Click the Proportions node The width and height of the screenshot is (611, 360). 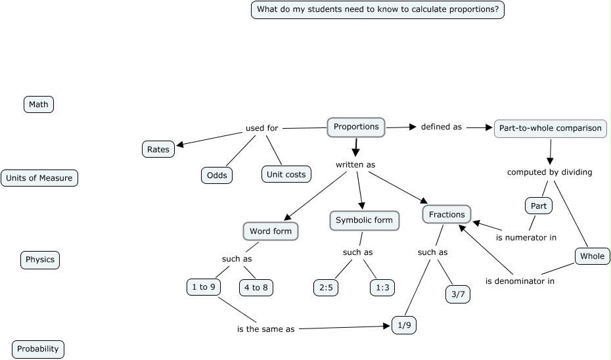(x=356, y=127)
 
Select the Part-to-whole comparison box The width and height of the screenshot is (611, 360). (x=550, y=128)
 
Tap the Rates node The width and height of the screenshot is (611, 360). (x=158, y=149)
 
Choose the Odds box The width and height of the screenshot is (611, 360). (x=217, y=175)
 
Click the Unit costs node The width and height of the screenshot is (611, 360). (x=286, y=174)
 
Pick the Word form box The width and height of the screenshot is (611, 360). (x=270, y=231)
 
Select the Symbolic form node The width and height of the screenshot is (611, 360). (x=364, y=220)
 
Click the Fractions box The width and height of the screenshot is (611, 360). (x=447, y=214)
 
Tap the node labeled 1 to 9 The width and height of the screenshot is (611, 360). (x=204, y=287)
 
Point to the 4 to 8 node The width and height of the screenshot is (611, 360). (x=256, y=287)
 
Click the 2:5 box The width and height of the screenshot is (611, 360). (x=326, y=287)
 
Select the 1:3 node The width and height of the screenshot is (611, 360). (x=382, y=287)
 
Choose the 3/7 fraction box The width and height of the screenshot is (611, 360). (x=457, y=294)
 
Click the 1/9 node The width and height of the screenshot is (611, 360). (x=404, y=325)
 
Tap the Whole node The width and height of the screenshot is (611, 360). (x=592, y=256)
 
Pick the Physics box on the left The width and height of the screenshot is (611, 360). (x=40, y=259)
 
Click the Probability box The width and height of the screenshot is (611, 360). (x=38, y=349)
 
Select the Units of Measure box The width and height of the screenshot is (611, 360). (x=39, y=178)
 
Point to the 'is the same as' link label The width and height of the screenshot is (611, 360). (x=265, y=329)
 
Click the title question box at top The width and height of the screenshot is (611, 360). (x=378, y=10)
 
